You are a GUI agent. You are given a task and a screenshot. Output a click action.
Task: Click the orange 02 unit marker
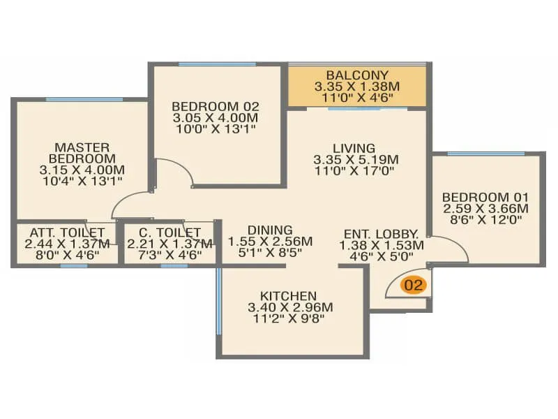[x=413, y=285]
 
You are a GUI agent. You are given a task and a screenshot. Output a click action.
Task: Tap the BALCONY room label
[x=357, y=75]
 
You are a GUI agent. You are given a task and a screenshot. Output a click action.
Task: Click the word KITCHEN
[x=288, y=295]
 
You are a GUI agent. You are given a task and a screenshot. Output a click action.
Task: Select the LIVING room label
[x=354, y=148]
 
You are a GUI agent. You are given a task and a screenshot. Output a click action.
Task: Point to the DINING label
[x=270, y=230]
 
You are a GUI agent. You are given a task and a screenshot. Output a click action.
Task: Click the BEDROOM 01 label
[x=485, y=197]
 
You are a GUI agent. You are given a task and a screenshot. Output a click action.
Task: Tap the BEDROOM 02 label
[x=216, y=106]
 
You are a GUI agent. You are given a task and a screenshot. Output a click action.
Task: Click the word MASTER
[x=82, y=147]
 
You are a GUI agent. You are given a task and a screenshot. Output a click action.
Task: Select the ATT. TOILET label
[x=67, y=233]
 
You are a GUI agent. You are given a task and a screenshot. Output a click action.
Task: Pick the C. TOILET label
[x=169, y=233]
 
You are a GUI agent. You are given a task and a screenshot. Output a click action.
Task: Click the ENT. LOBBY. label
[x=381, y=234]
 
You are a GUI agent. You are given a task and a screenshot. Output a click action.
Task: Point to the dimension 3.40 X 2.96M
[x=290, y=307]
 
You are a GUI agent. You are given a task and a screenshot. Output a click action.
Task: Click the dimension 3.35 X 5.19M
[x=356, y=159]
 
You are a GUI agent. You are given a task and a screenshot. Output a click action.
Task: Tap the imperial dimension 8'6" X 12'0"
[x=486, y=219]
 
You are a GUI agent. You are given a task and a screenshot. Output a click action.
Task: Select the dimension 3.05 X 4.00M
[x=216, y=117]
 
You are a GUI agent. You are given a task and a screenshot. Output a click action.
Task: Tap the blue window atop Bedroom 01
[x=485, y=154]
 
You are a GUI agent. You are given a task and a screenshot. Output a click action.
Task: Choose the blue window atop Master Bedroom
[x=84, y=99]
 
